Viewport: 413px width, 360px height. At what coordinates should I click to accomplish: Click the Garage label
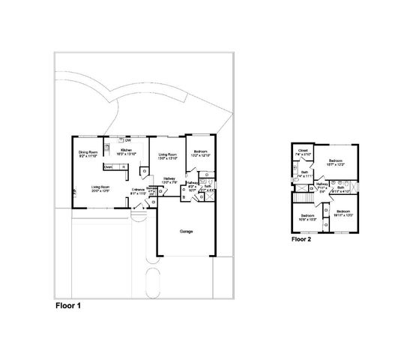tap(186, 231)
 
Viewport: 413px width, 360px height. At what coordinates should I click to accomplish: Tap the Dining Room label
tap(88, 154)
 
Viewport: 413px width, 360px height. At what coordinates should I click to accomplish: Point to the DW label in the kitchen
tap(128, 140)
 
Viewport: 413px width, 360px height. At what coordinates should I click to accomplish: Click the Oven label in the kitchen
tap(108, 166)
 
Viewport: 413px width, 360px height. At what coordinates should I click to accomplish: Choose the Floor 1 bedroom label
tap(201, 154)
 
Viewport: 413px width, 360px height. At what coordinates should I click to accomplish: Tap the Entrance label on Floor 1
tap(138, 190)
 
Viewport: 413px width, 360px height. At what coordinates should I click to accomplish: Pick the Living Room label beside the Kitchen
tap(167, 156)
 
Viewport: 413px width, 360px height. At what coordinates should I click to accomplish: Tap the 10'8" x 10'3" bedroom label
tap(308, 217)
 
